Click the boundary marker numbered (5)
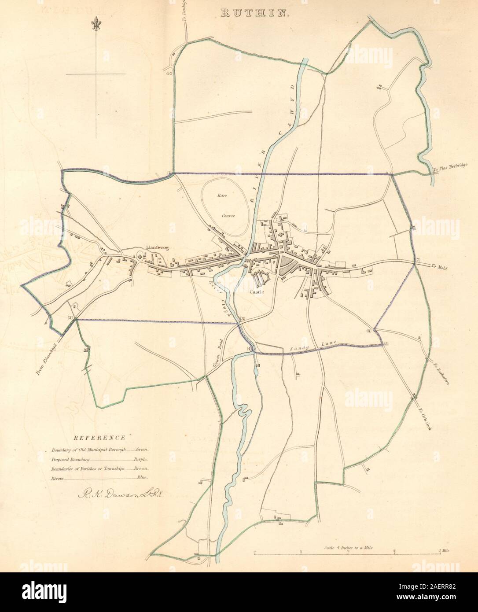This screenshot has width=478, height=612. (386, 344)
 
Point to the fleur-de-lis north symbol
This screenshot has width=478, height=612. (95, 25)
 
